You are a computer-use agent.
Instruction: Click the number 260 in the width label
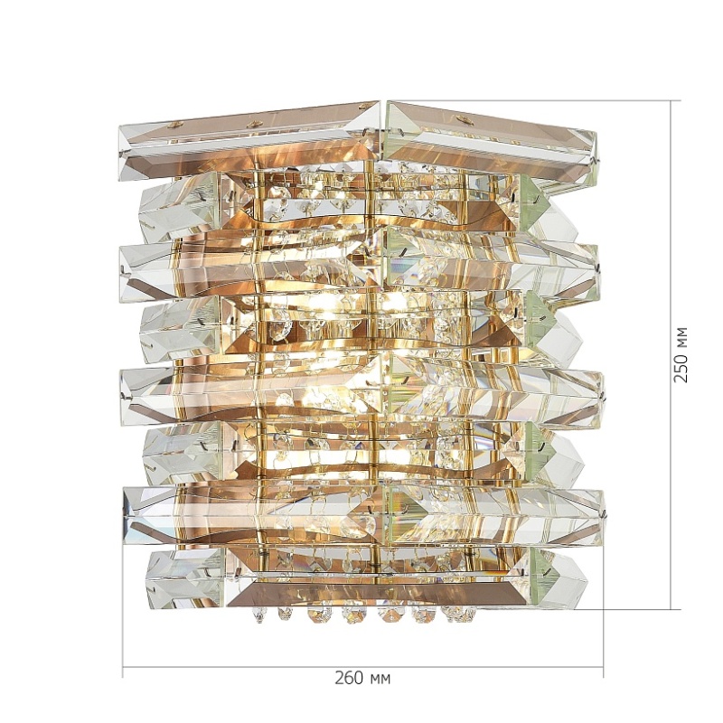click(x=349, y=679)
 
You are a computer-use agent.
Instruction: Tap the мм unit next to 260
click(x=380, y=680)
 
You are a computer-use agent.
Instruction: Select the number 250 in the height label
click(x=681, y=367)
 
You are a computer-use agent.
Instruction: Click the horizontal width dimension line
click(x=363, y=667)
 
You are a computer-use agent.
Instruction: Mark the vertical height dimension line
click(x=671, y=354)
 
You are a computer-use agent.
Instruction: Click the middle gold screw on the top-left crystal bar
click(x=252, y=124)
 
